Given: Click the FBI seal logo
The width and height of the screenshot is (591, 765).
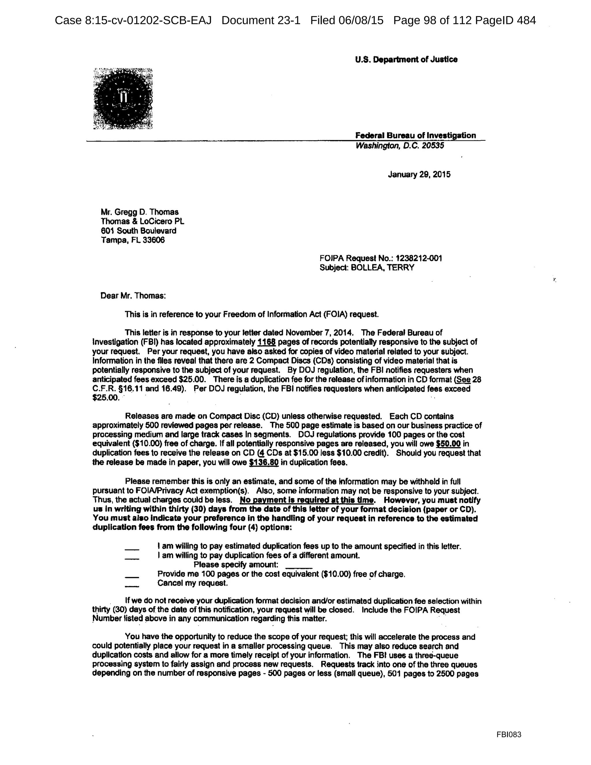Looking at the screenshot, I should click(123, 98).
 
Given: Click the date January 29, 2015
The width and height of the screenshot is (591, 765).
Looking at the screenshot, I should click(419, 174).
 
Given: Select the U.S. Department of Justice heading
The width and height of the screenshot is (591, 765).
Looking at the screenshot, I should click(406, 59).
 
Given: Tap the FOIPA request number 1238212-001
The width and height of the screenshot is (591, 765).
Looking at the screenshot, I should click(418, 258).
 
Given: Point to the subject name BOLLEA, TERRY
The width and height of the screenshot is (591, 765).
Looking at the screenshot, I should click(382, 268).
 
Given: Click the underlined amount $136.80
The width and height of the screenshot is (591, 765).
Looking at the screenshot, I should click(264, 462).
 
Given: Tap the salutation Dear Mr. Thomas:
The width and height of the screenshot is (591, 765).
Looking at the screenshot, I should click(133, 296).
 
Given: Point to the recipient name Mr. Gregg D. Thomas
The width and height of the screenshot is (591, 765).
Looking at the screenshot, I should click(139, 212).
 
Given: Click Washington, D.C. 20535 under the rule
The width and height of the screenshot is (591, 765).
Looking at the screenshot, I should click(399, 146).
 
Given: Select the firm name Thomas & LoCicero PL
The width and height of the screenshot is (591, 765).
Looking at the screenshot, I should click(142, 222).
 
